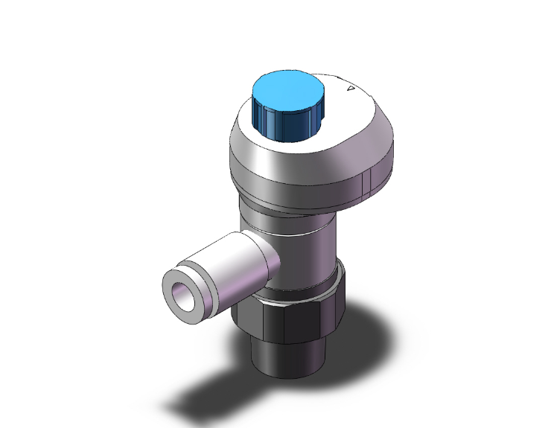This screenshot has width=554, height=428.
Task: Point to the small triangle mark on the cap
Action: pos(351,89)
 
